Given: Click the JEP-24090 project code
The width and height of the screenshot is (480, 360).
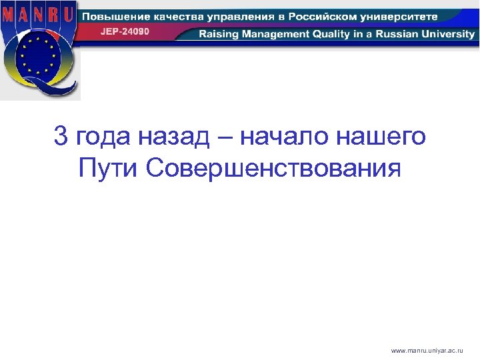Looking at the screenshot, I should coord(125,31).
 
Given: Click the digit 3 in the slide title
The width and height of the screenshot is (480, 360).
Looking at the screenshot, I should coord(61,137).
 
